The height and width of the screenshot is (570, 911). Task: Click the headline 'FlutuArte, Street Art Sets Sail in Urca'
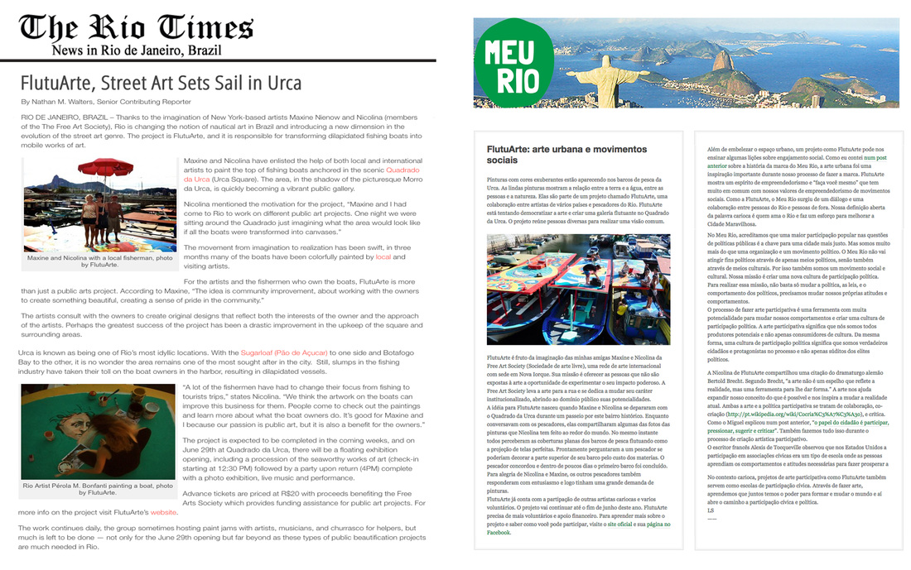(161, 83)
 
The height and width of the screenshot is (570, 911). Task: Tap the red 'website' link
(164, 512)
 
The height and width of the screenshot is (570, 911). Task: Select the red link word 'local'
(383, 257)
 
